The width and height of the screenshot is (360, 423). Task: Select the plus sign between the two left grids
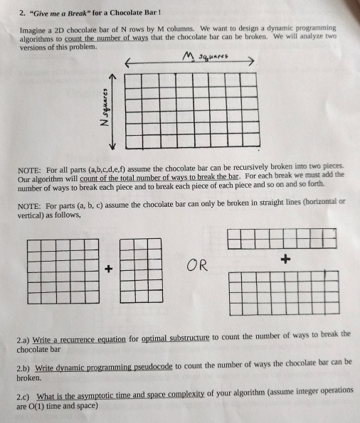108,269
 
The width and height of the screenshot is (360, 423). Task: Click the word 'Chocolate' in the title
132,13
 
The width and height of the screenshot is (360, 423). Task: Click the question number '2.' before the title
21,13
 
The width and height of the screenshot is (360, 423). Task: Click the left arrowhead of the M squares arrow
129,63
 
